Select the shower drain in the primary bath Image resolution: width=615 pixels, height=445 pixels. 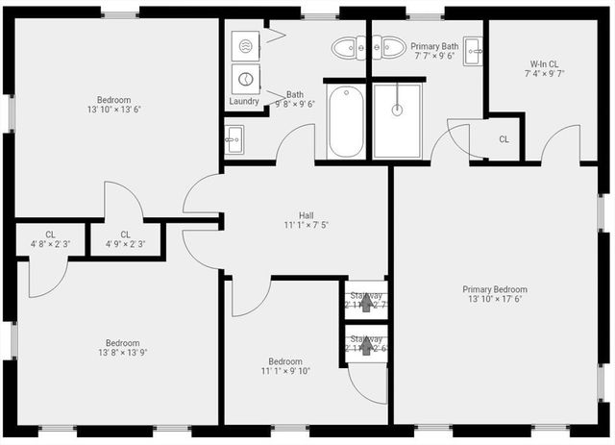point(396,110)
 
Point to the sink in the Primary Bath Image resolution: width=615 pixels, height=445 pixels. point(472,50)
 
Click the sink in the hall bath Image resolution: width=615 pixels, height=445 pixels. point(234,142)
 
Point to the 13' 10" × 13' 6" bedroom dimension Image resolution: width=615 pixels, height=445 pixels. point(113,110)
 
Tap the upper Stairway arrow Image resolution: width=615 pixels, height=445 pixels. point(366,304)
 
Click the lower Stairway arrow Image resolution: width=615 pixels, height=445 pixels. point(366,345)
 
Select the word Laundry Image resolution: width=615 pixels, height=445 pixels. point(244,101)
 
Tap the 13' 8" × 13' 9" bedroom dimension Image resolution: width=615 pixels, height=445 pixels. point(122,353)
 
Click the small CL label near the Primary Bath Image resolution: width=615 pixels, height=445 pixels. point(504,139)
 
